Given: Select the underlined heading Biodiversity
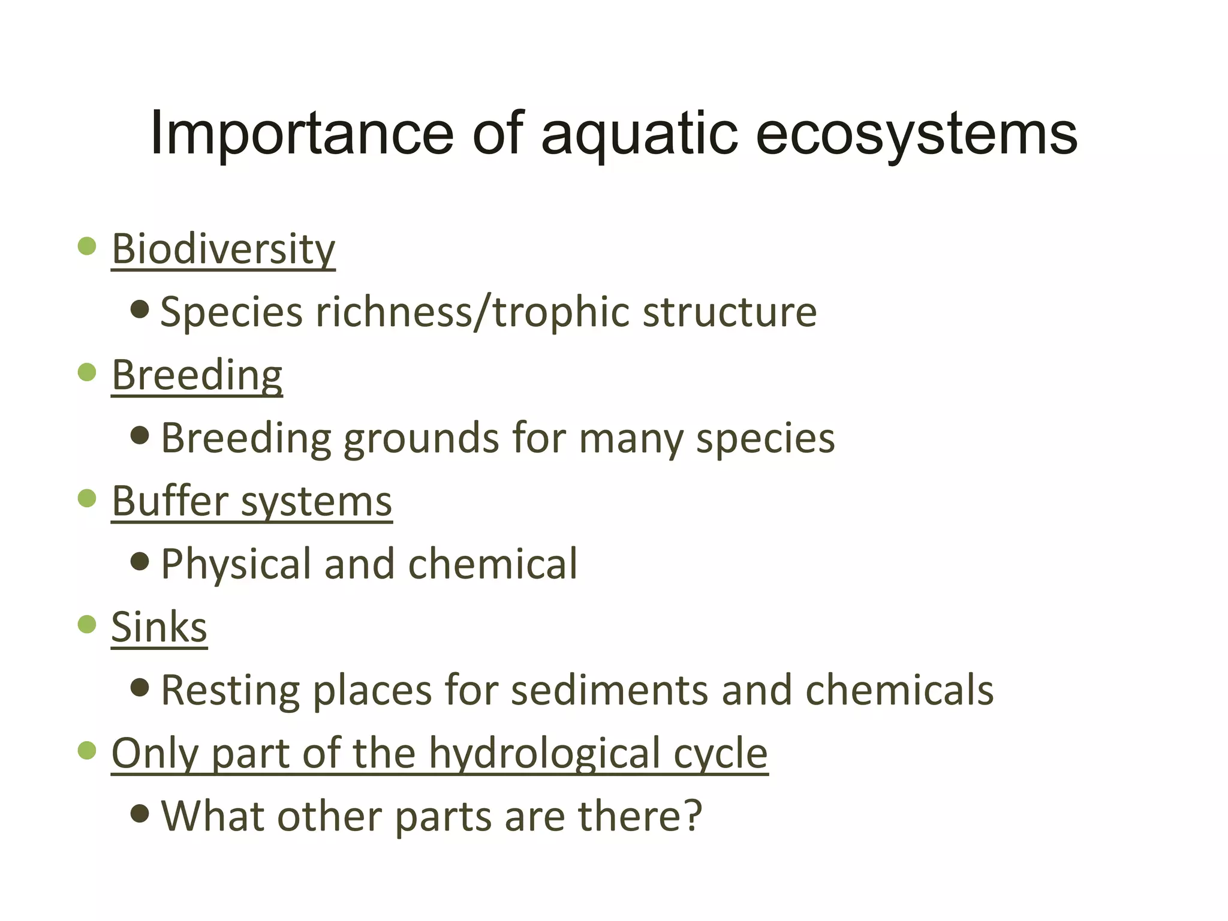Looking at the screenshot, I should (223, 249).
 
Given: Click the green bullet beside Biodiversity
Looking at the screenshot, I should (88, 246).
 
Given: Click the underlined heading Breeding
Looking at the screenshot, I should (197, 375).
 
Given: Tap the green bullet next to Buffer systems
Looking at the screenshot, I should (88, 498).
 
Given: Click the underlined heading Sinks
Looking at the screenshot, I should (159, 627).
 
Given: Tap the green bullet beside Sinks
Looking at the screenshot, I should (88, 624).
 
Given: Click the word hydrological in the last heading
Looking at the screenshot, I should (545, 754).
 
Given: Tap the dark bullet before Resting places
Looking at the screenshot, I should (140, 687).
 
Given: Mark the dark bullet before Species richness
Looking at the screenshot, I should (140, 309).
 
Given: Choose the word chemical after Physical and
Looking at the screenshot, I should (492, 565).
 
